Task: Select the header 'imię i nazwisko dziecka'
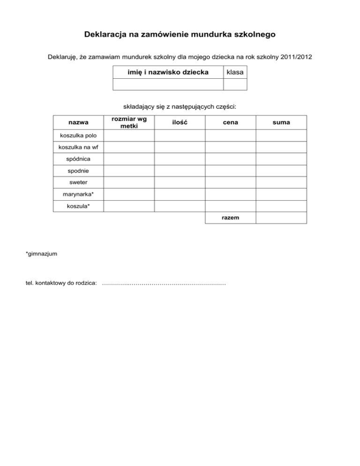(x=168, y=72)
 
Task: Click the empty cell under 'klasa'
(x=234, y=84)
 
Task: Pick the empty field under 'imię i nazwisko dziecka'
(x=168, y=84)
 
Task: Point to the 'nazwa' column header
(x=78, y=122)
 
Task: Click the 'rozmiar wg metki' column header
(x=129, y=122)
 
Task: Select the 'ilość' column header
(x=180, y=122)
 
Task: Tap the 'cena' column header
(x=231, y=122)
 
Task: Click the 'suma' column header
(x=281, y=122)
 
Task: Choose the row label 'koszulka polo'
(x=78, y=136)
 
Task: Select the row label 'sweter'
(x=78, y=182)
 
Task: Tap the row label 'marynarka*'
(x=78, y=194)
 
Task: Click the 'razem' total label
(x=231, y=218)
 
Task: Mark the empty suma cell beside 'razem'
(x=281, y=218)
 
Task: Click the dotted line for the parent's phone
(x=164, y=283)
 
